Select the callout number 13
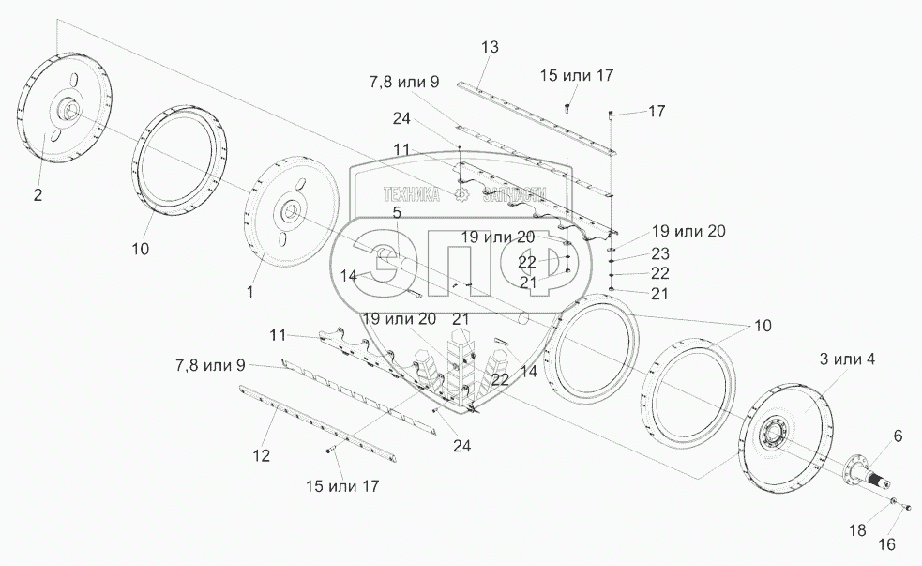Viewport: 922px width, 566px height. point(491,48)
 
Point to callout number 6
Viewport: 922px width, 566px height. point(898,436)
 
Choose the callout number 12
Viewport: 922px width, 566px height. point(262,456)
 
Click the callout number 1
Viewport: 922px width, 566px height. point(250,292)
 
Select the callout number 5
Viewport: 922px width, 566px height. point(397,213)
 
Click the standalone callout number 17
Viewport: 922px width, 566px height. point(657,111)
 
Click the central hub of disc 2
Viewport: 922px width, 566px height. point(68,112)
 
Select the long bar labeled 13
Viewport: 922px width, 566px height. point(535,118)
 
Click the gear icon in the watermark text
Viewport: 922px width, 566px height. point(461,194)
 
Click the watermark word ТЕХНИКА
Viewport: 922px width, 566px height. point(414,194)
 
